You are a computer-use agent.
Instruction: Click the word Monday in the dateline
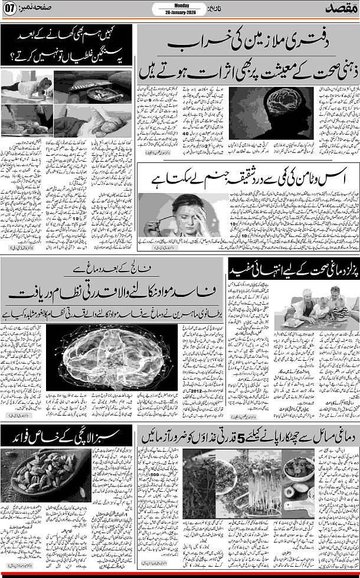click(180, 5)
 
